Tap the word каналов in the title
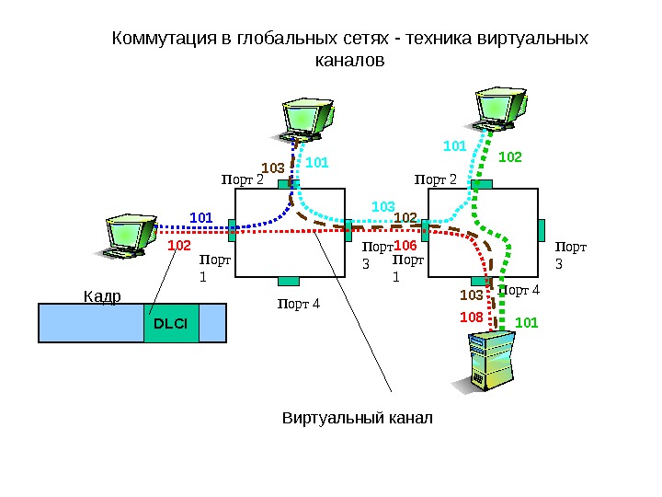pos(348,61)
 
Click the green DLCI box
pos(171,323)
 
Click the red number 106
pos(405,247)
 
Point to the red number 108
pos(472,316)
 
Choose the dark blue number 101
pos(200,217)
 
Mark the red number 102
pos(179,247)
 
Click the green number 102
pos(509,157)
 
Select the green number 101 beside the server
pos(526,322)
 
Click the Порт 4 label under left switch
pos(299,303)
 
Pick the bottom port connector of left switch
pos(289,281)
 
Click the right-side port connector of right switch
pos(543,228)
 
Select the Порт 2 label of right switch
pos(435,179)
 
